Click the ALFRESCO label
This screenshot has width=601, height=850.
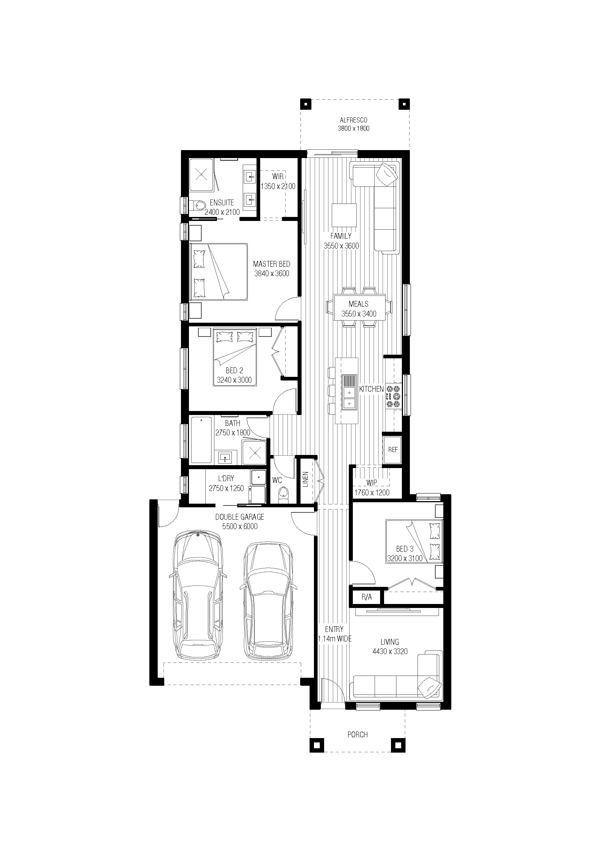[354, 120]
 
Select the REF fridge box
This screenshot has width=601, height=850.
[392, 450]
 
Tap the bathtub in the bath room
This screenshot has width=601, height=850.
[201, 440]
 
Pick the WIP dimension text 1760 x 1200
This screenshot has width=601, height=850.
[372, 493]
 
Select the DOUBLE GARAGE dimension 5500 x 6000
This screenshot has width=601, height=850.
[240, 527]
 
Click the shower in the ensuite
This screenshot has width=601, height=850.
[202, 175]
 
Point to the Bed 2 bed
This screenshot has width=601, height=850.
[235, 357]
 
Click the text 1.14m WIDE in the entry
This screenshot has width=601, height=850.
[335, 638]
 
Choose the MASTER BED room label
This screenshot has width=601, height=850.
[272, 264]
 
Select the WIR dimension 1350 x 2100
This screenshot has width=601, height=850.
[278, 186]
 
